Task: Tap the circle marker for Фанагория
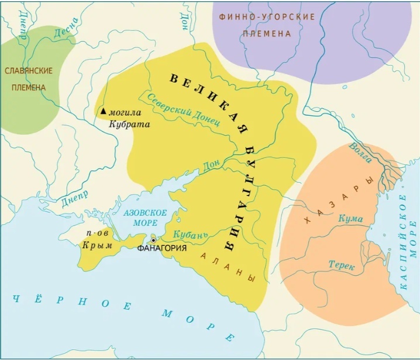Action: tap(154, 240)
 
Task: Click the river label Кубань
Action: tap(192, 235)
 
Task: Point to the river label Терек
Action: tap(341, 266)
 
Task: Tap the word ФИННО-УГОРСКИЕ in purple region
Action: tap(267, 17)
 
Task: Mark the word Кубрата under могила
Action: tap(132, 124)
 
